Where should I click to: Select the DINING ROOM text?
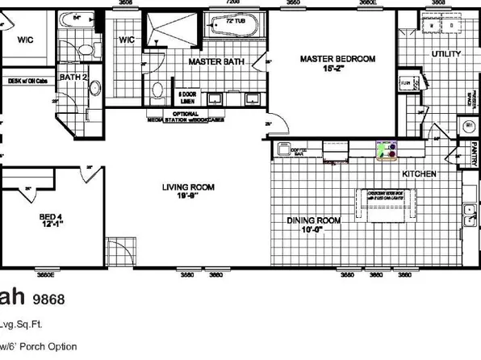click(x=314, y=220)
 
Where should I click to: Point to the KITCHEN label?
click(x=420, y=174)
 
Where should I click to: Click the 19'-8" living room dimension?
click(x=186, y=199)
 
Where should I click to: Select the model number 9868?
click(x=48, y=299)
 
